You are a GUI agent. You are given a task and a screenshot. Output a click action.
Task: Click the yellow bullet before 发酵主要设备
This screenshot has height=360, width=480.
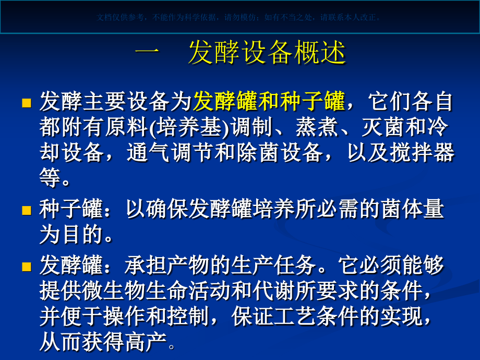(27, 102)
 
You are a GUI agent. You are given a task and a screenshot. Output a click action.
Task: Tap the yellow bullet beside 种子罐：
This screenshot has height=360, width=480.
(27, 210)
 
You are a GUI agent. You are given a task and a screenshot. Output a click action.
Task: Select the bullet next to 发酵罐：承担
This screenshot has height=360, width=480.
(27, 267)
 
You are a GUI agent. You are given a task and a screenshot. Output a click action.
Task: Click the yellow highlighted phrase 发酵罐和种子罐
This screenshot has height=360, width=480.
(269, 101)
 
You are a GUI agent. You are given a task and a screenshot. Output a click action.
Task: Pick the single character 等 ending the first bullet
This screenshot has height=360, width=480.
(49, 178)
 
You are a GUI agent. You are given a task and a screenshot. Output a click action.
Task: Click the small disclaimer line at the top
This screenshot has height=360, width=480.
(239, 17)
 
